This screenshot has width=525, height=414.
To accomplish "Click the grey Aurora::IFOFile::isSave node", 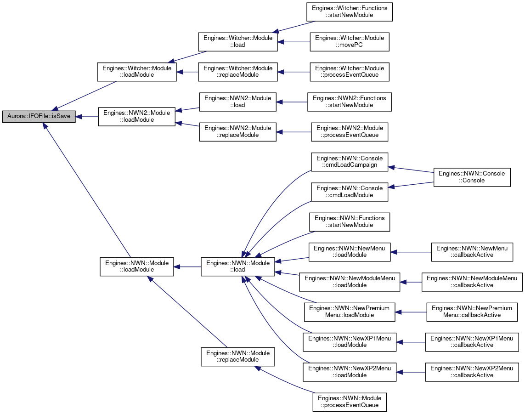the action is [x=39, y=117].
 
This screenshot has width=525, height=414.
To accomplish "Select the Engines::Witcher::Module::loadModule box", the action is [x=137, y=72].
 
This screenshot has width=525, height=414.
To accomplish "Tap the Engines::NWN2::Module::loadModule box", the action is [x=136, y=117].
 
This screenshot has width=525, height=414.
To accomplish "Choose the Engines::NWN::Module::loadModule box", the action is [x=137, y=267].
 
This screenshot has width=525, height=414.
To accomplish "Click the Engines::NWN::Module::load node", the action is [x=238, y=267].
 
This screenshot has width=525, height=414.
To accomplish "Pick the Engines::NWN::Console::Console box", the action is [x=472, y=177].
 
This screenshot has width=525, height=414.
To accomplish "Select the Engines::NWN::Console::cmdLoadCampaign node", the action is [x=350, y=162].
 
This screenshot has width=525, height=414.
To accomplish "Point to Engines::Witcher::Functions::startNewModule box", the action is [x=350, y=12].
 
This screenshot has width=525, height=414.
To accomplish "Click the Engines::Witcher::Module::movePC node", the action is [x=350, y=42].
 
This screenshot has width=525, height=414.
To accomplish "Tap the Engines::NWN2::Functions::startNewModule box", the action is [x=350, y=102].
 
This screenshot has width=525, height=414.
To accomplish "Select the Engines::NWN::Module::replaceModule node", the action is [x=238, y=357].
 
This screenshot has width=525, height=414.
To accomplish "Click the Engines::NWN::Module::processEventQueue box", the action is [x=350, y=402].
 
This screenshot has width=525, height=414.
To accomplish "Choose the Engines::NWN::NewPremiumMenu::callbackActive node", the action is [x=472, y=312].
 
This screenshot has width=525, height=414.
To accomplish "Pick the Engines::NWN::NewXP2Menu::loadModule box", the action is [x=350, y=372].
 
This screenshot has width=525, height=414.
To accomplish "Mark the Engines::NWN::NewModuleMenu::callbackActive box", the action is [x=472, y=282].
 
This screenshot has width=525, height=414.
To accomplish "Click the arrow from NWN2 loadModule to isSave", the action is [x=87, y=117].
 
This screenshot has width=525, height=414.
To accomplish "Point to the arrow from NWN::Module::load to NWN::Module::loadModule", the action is [x=187, y=267].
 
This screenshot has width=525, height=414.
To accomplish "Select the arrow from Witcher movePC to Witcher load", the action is [x=294, y=42].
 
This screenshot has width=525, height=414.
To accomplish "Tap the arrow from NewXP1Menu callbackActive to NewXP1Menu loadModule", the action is [x=411, y=342].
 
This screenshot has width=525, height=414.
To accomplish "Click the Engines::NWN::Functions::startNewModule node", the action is [x=350, y=222].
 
